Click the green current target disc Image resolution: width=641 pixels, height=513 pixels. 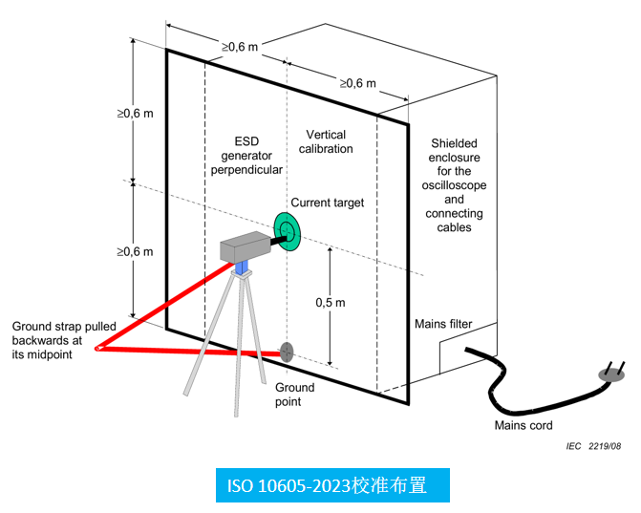[x=288, y=226]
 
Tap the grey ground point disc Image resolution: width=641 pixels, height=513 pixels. [x=285, y=351]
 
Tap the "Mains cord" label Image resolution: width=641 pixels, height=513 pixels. [x=523, y=425]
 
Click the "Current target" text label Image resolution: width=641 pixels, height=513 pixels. [x=328, y=203]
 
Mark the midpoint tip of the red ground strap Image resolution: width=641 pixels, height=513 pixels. [x=97, y=348]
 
